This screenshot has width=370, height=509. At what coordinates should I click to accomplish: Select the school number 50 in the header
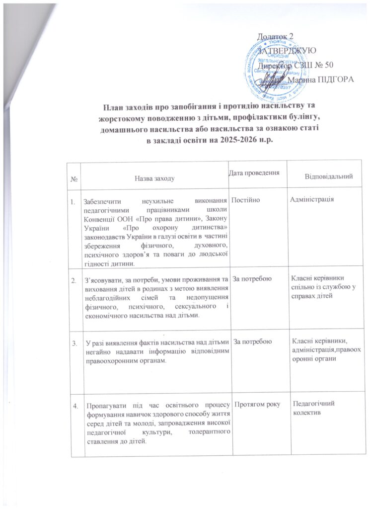pos(328,64)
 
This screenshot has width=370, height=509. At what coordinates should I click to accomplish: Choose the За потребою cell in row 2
pos(252,280)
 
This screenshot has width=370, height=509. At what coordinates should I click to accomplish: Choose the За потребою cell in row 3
pos(252,342)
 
